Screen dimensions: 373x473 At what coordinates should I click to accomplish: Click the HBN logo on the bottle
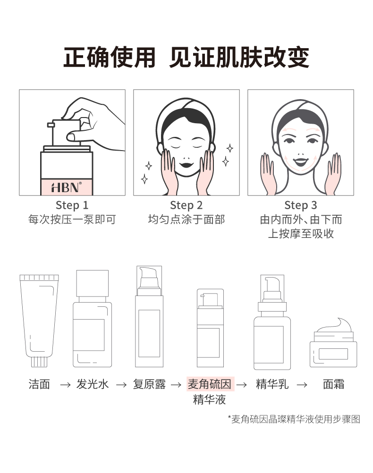(67, 187)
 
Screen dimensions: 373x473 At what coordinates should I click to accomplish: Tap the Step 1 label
(72, 205)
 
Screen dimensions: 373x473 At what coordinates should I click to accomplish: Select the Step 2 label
(186, 205)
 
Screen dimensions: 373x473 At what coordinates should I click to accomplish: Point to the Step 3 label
(301, 205)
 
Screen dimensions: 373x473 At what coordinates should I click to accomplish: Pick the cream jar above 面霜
(333, 343)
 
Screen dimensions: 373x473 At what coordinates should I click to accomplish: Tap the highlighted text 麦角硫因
(210, 384)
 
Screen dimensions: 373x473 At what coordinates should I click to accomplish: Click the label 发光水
(93, 384)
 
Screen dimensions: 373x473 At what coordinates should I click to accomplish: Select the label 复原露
(149, 384)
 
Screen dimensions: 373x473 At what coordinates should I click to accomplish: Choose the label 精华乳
(272, 384)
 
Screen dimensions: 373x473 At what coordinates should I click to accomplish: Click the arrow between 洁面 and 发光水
(66, 385)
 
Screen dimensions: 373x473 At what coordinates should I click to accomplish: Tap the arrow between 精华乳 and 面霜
(302, 385)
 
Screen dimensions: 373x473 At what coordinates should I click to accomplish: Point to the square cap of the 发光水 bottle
(93, 284)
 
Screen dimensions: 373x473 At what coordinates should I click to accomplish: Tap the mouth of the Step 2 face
(186, 165)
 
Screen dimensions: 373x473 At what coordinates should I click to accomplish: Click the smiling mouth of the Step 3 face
(301, 162)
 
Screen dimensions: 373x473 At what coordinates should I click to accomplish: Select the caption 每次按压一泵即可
(72, 220)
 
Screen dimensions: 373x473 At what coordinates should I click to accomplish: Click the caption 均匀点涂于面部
(186, 220)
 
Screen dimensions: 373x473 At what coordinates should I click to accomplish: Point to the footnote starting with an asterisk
(294, 419)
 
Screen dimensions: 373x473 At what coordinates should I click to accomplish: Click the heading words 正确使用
(109, 57)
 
